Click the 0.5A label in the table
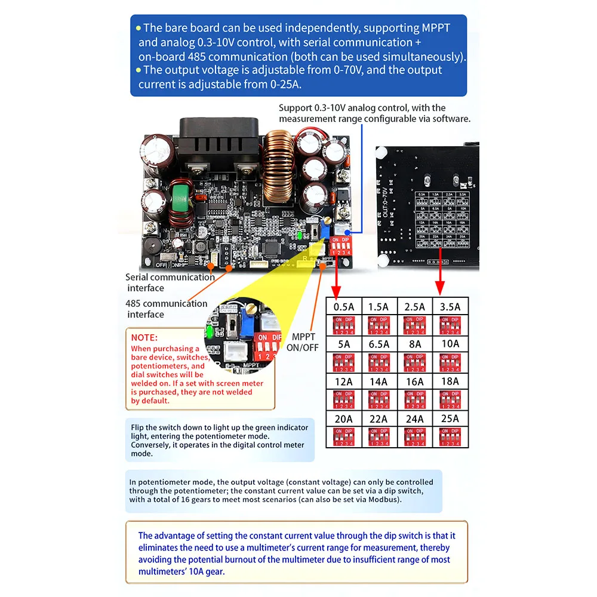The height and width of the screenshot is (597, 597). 343,307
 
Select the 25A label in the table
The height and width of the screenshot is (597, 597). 450,418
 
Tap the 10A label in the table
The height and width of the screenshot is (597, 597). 450,344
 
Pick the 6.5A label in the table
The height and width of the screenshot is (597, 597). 378,344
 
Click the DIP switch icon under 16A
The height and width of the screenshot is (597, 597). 414,399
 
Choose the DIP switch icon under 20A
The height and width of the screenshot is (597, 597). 343,436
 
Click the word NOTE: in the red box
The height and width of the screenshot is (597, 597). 144,337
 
